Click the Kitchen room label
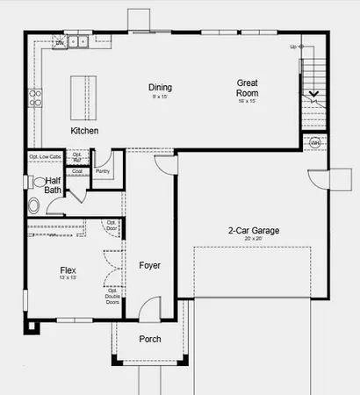[84, 131]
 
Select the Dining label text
[160, 88]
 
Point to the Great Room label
[248, 88]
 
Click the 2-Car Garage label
[254, 231]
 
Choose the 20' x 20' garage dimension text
[254, 239]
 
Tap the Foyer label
[150, 265]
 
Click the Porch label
[150, 340]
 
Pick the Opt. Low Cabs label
[45, 157]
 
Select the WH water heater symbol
[313, 140]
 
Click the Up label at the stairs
[292, 47]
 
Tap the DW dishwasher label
[59, 42]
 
